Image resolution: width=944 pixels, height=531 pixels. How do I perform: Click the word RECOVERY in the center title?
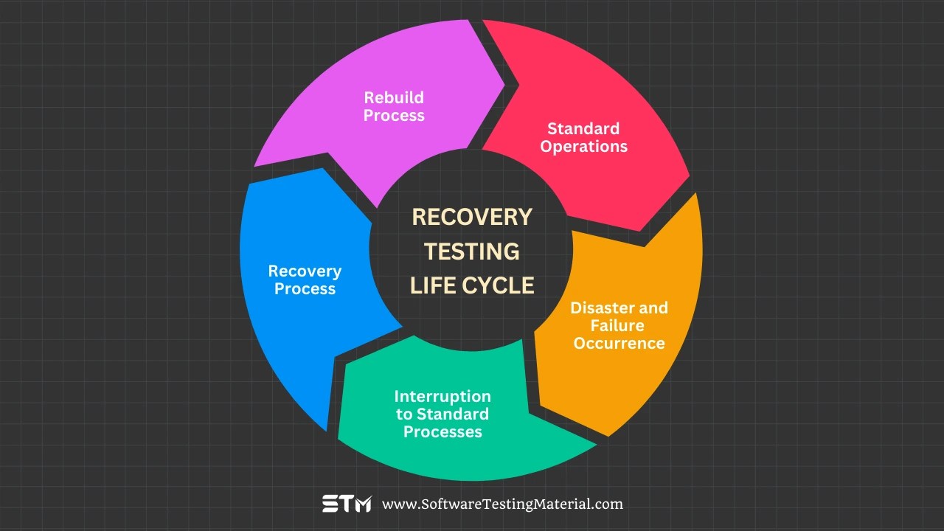coord(472,217)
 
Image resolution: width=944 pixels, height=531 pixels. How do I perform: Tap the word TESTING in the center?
coord(472,251)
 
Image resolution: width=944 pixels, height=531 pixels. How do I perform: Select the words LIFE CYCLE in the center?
coord(472,285)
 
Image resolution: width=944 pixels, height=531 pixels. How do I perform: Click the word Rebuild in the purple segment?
coord(394,97)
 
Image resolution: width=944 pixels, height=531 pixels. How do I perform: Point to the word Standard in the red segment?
coord(583,129)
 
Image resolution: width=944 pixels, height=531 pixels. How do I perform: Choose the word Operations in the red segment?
coord(583,146)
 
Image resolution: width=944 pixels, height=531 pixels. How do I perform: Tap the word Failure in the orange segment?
coord(618,325)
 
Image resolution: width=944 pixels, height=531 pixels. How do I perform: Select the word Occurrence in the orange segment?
coord(619,343)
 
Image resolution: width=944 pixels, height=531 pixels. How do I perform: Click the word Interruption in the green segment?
coord(442,396)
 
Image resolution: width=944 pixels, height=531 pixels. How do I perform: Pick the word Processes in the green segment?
coord(442,431)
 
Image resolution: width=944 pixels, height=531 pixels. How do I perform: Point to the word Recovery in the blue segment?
coord(305,271)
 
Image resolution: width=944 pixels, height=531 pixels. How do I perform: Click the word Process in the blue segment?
coord(305,289)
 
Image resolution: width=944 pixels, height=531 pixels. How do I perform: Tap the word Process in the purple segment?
coord(394,115)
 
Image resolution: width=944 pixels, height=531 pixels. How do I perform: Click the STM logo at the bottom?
coord(347,504)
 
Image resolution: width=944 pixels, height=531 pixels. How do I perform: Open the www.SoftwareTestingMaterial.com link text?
coord(502,504)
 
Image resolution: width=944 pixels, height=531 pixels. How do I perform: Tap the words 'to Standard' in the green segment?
coord(442,414)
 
